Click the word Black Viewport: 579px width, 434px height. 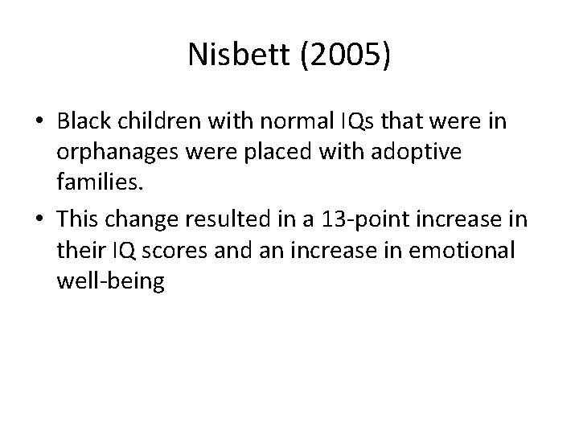click(x=84, y=121)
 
